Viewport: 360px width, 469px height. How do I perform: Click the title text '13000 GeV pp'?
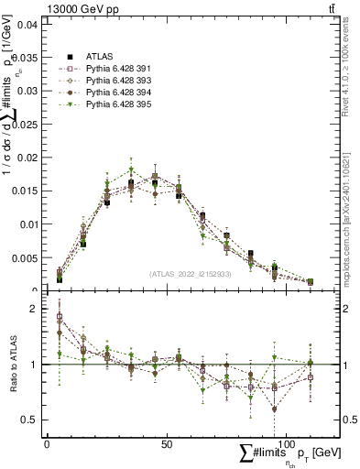point(78,8)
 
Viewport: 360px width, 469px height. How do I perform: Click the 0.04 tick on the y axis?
point(25,25)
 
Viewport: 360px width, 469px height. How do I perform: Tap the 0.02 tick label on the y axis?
point(25,158)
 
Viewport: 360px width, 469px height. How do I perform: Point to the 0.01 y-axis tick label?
point(25,225)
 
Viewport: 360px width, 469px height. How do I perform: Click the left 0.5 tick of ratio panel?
point(27,420)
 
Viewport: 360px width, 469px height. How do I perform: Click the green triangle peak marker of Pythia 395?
point(131,169)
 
